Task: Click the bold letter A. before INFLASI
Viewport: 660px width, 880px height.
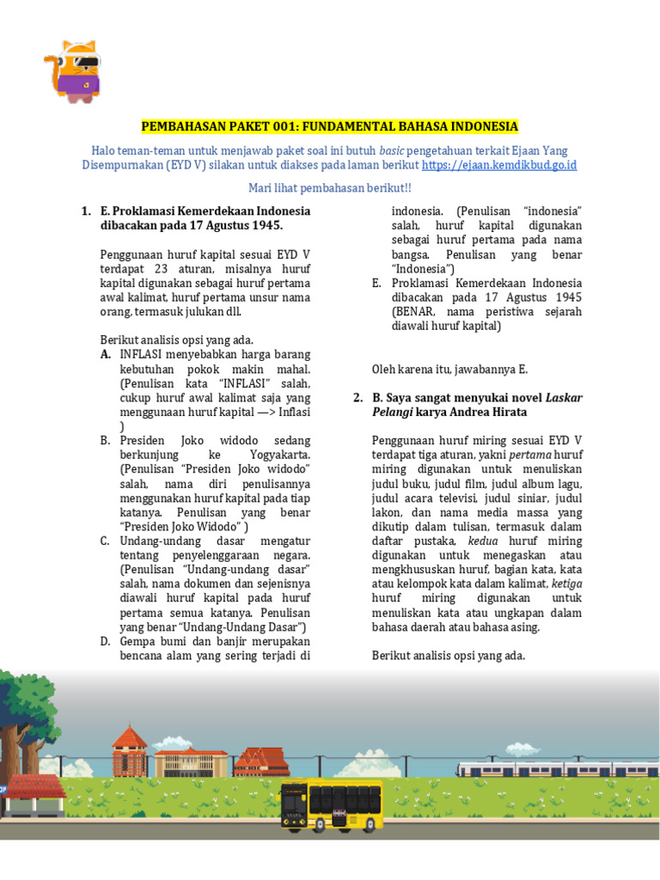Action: click(105, 354)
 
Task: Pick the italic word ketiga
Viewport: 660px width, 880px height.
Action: click(562, 584)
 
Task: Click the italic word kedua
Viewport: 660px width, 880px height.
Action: click(482, 541)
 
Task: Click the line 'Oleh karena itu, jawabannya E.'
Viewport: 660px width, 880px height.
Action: click(449, 369)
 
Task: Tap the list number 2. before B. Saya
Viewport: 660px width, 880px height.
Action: click(358, 398)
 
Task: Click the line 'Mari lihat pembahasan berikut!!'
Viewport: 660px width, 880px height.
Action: click(330, 187)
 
